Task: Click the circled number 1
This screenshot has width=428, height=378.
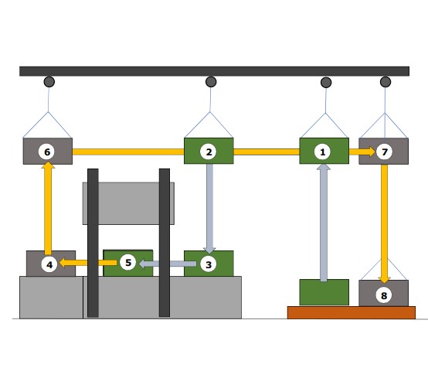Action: (322, 152)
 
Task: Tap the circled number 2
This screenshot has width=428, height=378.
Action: (209, 152)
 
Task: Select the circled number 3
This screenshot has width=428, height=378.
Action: (209, 264)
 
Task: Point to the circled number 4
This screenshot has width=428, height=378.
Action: (49, 264)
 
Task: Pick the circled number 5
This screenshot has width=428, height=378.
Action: (127, 262)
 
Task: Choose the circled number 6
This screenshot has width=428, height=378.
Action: (47, 152)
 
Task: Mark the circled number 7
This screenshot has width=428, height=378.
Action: (384, 152)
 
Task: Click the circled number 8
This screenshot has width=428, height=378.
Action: (384, 295)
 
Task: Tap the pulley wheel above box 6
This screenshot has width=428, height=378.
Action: (49, 82)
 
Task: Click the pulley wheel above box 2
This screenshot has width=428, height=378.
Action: (211, 82)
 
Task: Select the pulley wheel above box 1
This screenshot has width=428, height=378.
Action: (326, 82)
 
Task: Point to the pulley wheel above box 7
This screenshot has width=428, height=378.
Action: (386, 82)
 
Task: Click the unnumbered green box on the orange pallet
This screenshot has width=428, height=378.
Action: (324, 292)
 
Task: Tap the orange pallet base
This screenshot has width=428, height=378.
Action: (352, 312)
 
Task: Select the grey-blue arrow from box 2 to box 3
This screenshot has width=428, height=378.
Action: (209, 209)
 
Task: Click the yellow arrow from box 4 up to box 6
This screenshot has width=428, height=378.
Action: (48, 208)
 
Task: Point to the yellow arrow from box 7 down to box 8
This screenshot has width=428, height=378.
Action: (384, 224)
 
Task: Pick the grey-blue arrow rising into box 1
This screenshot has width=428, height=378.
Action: (324, 223)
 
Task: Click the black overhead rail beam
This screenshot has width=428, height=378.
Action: (214, 71)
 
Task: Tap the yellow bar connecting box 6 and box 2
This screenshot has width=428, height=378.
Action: (128, 152)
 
